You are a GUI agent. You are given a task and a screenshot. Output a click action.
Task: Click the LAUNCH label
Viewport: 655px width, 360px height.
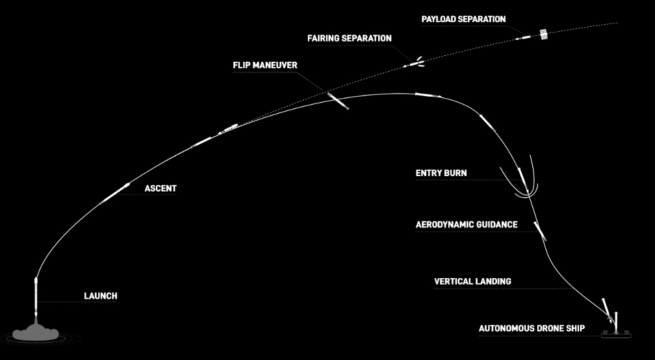coord(100,296)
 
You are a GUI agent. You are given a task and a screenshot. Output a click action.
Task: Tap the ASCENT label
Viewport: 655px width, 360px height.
coord(161,188)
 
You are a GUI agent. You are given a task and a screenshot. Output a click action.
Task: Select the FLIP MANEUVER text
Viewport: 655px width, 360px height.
coord(265,66)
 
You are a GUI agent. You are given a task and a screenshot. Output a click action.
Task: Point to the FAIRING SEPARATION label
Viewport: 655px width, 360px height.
coord(350,38)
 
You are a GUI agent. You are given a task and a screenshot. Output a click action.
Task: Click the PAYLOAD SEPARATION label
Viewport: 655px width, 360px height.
coord(464,19)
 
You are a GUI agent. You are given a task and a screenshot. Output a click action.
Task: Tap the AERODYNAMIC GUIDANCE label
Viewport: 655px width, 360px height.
coord(467,225)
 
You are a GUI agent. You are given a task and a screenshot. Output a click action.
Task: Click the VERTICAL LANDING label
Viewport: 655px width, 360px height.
coord(472,281)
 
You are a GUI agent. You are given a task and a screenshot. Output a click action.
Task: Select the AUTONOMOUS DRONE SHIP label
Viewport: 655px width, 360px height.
coord(532,328)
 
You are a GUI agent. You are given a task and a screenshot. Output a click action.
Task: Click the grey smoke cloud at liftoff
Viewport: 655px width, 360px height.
coord(36,333)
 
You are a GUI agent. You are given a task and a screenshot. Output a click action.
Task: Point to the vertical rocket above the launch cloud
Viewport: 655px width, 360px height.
coord(36,296)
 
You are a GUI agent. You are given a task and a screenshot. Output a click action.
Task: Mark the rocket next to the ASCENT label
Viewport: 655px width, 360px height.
coord(114,194)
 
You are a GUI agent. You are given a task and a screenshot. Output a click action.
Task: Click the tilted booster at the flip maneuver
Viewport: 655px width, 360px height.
coord(338,101)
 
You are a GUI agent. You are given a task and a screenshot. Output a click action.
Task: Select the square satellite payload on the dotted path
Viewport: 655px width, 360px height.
coord(543,34)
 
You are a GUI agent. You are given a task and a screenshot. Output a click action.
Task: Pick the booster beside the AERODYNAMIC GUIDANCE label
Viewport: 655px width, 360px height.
coord(540,231)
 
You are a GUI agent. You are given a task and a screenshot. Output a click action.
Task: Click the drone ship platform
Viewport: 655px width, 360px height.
coord(616,335)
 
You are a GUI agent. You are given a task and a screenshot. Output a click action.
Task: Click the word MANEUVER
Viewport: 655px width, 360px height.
coord(275,66)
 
